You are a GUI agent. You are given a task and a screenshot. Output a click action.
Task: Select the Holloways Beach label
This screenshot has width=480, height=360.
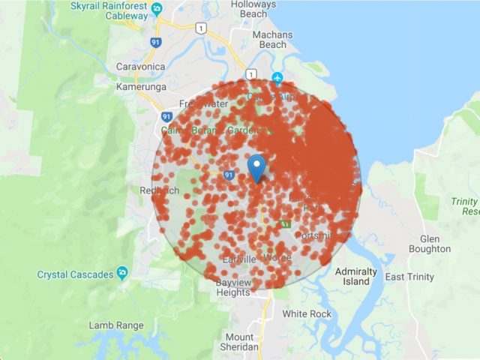253,9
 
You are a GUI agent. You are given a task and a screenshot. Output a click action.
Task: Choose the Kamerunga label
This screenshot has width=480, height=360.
139,86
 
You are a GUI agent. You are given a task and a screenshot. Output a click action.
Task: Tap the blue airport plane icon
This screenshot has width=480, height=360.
277,76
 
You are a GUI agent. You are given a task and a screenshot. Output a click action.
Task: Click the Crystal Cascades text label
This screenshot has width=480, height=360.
72,274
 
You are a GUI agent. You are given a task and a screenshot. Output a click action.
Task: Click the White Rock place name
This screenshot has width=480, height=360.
306,313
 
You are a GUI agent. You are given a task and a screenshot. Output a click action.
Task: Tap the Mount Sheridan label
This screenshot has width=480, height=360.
239,342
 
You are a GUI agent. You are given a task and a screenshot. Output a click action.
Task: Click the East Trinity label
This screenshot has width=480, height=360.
409,277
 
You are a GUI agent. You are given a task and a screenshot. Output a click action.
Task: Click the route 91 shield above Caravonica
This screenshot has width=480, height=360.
156,43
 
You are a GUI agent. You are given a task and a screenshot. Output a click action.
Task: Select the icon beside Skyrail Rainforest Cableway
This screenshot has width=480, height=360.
157,10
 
